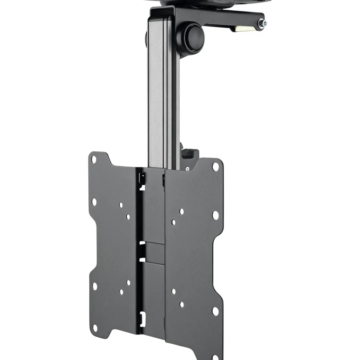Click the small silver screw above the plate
coord(187,168)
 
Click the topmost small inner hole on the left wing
coord(121,205)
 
